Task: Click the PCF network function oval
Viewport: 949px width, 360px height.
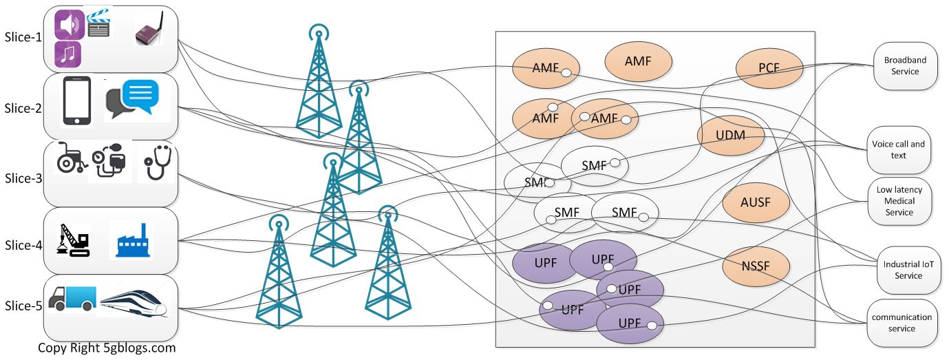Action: tap(769, 68)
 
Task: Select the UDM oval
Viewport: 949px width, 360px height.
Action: tap(730, 135)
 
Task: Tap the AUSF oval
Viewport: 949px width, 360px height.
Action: tap(755, 202)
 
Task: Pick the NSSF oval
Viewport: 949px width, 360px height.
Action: tap(755, 267)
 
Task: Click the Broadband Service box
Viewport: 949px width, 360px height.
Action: tap(905, 65)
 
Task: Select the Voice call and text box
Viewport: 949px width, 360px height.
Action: tap(899, 149)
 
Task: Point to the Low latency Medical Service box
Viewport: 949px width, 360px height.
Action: tap(899, 201)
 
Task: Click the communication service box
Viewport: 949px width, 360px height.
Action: tap(902, 322)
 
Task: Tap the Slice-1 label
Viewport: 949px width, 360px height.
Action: tap(22, 37)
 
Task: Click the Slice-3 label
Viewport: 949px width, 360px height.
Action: tap(22, 178)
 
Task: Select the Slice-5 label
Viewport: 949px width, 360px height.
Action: tap(22, 306)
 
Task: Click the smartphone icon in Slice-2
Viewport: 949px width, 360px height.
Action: tap(77, 101)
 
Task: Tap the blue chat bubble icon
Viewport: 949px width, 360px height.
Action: tap(140, 96)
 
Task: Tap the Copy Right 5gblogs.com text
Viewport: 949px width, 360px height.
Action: tap(107, 348)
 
